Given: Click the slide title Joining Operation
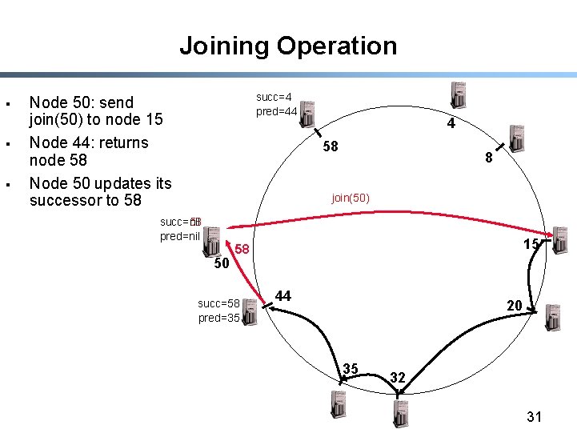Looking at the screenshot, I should [288, 46].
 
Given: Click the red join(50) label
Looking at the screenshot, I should [351, 198].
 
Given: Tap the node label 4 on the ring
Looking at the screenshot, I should [451, 124].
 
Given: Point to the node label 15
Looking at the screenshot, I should [531, 243].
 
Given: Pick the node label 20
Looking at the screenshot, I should [514, 305].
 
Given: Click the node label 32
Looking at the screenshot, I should [399, 376].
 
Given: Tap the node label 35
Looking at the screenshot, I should [350, 368].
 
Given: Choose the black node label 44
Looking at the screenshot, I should [282, 296].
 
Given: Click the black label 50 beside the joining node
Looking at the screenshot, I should [222, 263].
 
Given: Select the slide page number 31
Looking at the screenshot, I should [535, 416].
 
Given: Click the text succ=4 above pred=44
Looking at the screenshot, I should [274, 97].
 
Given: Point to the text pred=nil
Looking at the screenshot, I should [179, 236].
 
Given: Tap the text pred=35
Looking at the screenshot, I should [218, 318].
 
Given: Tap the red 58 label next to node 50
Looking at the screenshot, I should [242, 251].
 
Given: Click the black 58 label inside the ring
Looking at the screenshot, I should [330, 146].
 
